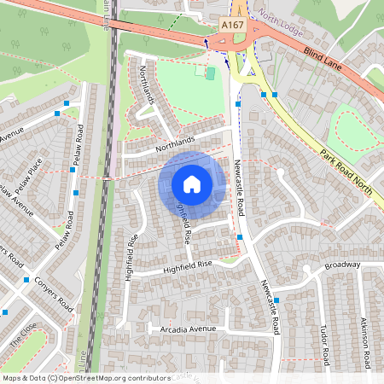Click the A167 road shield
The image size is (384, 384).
(x=231, y=26)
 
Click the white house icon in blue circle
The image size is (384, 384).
(x=192, y=183)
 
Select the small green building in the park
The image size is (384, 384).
(x=210, y=73)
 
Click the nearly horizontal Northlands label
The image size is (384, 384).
(x=175, y=143)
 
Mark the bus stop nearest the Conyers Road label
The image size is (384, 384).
(x=27, y=280)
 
